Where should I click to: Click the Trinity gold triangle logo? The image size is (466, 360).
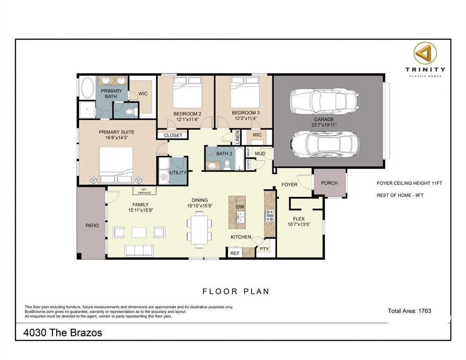(x=425, y=54)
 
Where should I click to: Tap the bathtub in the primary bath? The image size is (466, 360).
(x=87, y=88)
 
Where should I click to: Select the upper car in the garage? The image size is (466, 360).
(x=324, y=100)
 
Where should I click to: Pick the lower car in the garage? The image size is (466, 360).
(x=324, y=142)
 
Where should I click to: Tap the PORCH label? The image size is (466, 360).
(x=329, y=183)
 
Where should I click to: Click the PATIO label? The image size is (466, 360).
(x=92, y=225)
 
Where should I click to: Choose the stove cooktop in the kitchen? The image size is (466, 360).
(x=270, y=215)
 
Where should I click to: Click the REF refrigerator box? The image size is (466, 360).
(x=235, y=253)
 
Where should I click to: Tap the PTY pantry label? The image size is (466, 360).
(x=264, y=249)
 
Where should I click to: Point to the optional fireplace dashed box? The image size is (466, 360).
(x=144, y=190)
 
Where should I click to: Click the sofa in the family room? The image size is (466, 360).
(x=139, y=250)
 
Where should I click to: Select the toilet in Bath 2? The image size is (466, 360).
(x=227, y=164)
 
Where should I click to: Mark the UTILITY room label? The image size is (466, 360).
(x=178, y=172)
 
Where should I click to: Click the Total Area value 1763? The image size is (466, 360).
(x=422, y=311)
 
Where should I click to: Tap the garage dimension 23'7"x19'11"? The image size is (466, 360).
(x=324, y=125)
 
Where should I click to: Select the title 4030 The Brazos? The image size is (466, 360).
(x=63, y=333)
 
